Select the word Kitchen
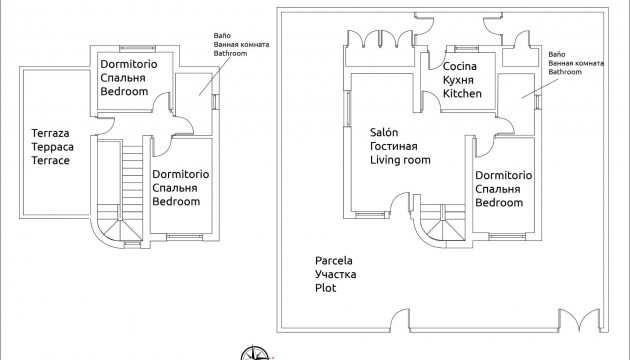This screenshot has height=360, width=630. tap(463, 93)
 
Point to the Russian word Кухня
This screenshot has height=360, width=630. tap(459, 80)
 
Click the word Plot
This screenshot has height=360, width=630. tap(323, 288)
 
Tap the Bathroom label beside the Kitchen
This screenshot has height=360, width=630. tap(567, 74)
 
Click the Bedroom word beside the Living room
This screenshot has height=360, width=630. tap(499, 203)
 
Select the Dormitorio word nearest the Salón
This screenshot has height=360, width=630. tap(504, 175)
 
